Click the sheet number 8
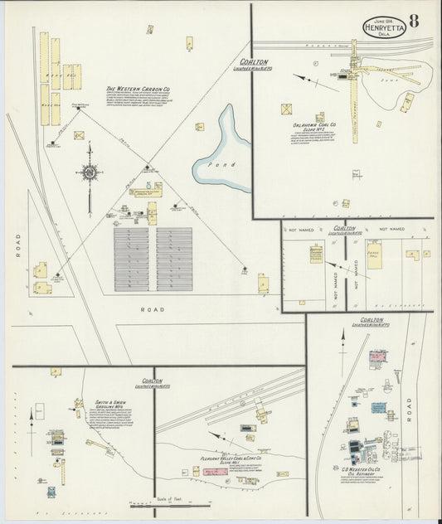413,20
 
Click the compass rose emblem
90,172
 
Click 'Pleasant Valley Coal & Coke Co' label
231,457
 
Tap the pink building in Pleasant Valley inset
209,471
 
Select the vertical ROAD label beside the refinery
409,406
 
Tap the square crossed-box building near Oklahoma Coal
287,109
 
